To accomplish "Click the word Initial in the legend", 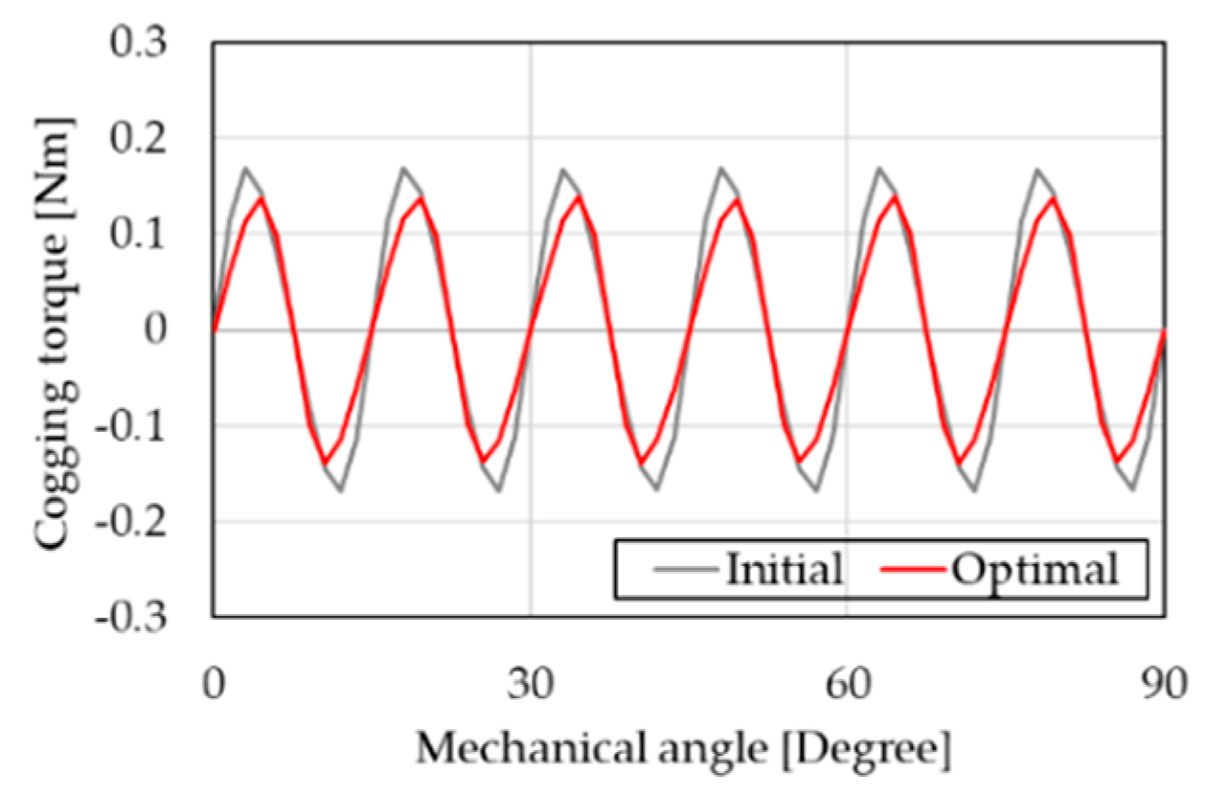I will coord(785,570).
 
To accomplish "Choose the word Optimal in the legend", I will coord(1035,572).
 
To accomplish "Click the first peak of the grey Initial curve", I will coord(246,169).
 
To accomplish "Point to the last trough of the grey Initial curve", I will coord(1132,489).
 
